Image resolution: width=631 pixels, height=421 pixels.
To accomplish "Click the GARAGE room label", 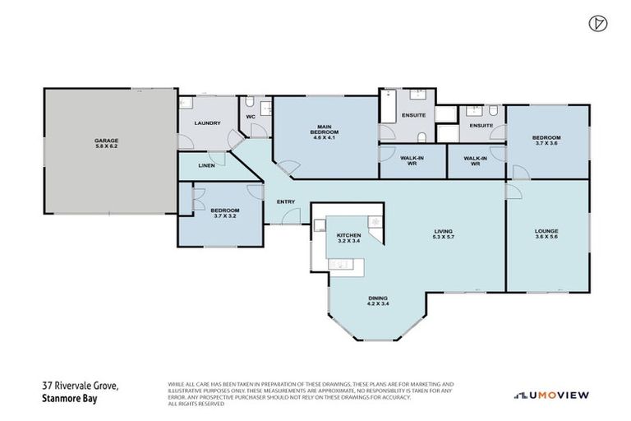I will (x=106, y=141).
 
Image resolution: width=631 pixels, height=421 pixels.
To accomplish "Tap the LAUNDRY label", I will (x=207, y=123).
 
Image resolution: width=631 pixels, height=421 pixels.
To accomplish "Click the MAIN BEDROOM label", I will (x=320, y=130).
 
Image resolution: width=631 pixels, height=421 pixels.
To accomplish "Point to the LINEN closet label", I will (x=206, y=165).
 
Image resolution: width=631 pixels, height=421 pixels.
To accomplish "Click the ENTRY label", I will (x=286, y=201).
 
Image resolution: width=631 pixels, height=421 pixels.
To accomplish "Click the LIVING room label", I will (x=444, y=232).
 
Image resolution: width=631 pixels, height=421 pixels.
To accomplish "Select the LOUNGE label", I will (x=546, y=232).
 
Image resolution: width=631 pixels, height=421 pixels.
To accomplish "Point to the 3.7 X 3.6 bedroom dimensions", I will (x=546, y=143).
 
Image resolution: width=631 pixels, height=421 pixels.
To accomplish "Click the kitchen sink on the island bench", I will (x=339, y=262).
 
